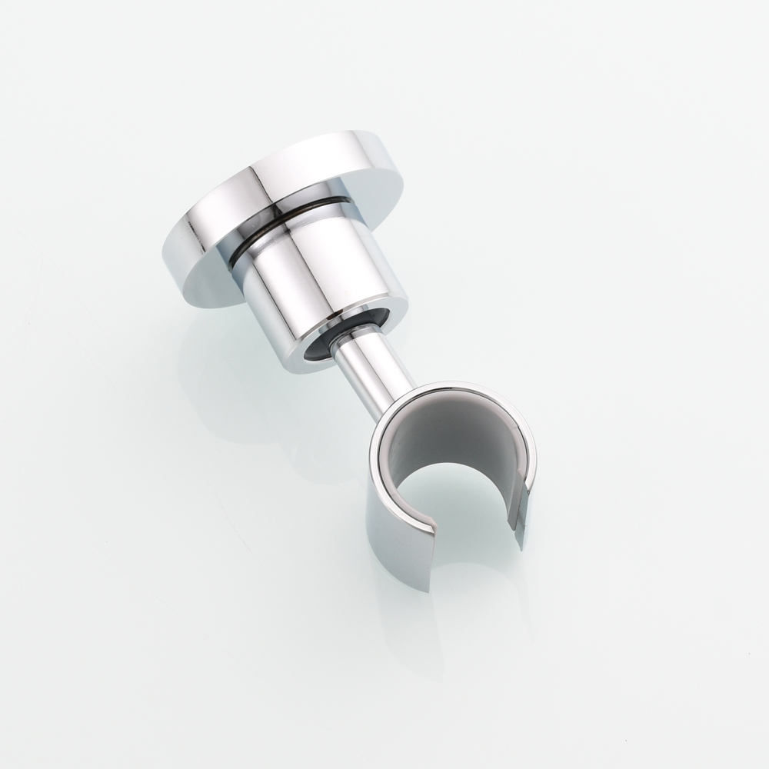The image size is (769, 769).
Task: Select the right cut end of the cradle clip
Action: point(519,523)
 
